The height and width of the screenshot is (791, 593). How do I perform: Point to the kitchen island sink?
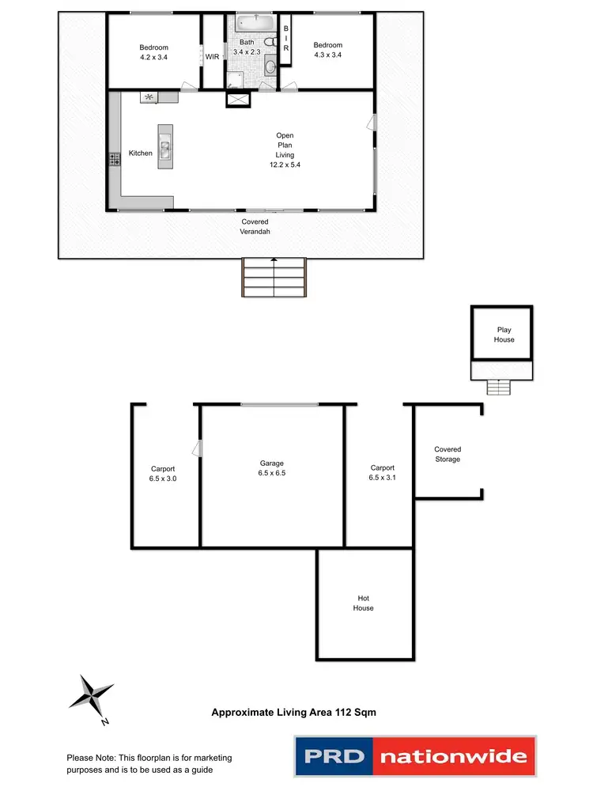(x=164, y=145)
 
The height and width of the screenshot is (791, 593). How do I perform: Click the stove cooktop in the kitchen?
(x=114, y=159)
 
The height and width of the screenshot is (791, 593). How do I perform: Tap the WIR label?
(x=212, y=57)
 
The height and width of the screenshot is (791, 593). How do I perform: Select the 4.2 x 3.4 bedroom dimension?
(x=153, y=57)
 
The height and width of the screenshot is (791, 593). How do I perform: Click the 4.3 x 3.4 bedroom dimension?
(x=327, y=55)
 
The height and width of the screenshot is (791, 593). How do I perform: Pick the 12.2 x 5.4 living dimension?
(x=285, y=165)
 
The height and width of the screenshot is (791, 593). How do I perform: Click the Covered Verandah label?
(x=255, y=227)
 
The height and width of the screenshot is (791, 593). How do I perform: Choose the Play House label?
(x=504, y=335)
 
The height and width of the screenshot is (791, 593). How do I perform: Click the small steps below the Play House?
(x=498, y=387)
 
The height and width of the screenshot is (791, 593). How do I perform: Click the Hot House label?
(x=364, y=603)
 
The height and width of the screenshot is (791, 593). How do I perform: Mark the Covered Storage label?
(x=448, y=454)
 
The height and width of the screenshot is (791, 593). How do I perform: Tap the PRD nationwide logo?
(x=414, y=756)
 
